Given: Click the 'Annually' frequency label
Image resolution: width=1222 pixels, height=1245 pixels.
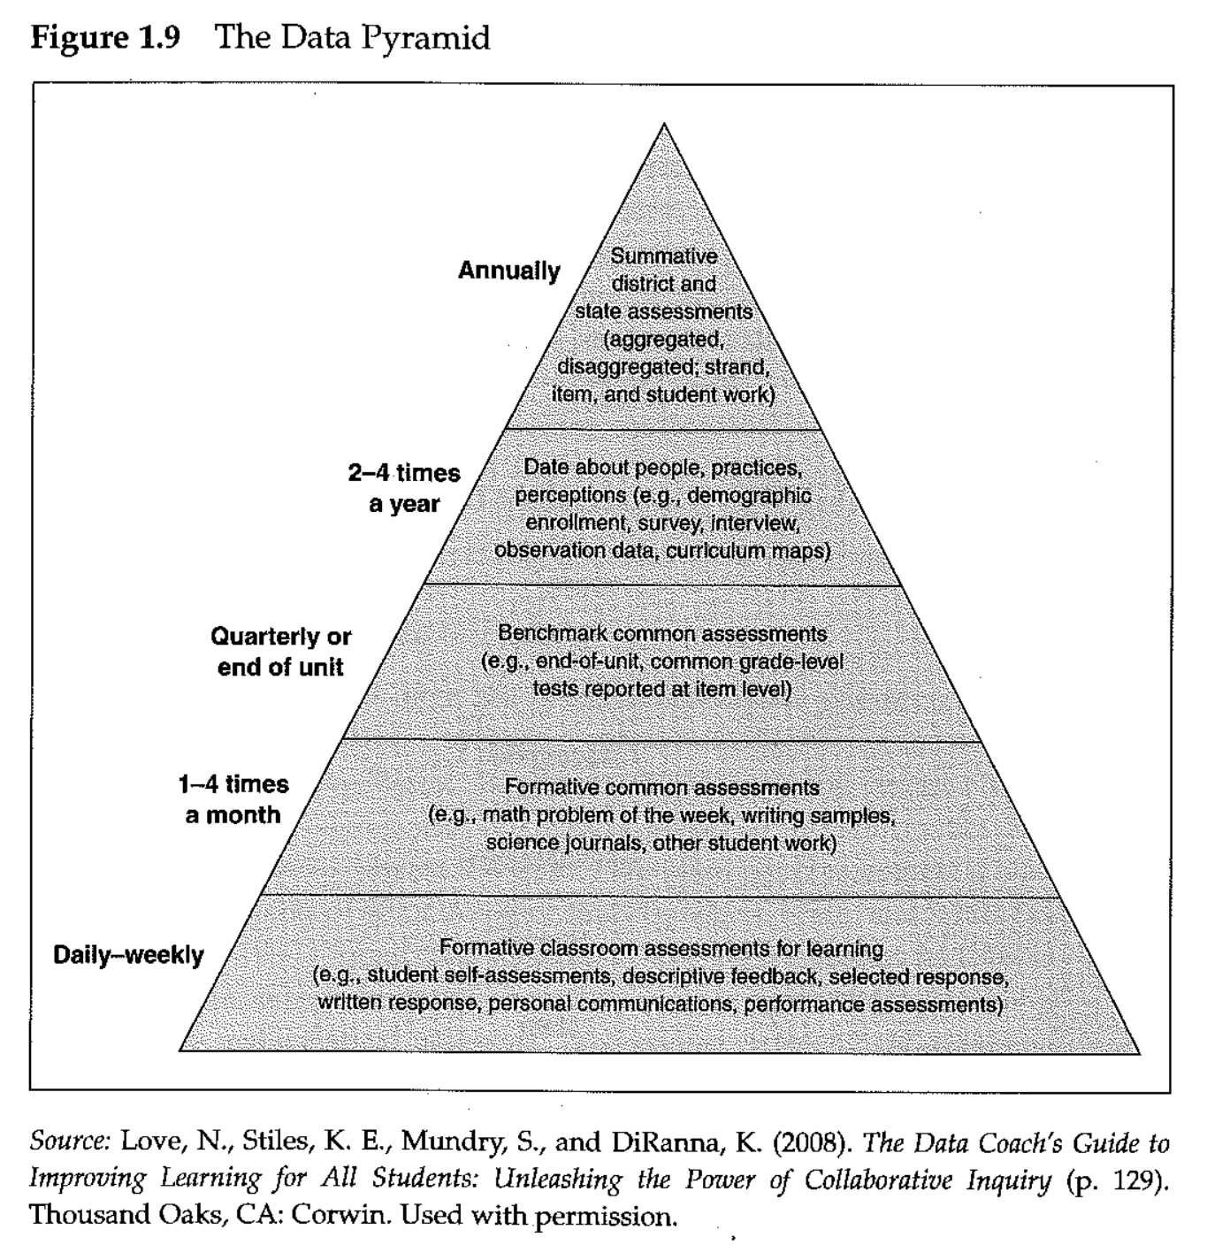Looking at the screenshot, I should (x=508, y=271).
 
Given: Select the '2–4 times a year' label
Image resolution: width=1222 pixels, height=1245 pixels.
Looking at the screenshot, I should (x=404, y=488).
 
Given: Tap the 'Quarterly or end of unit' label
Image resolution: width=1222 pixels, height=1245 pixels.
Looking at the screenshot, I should (x=280, y=652).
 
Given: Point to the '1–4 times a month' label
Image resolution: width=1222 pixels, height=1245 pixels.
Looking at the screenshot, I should (x=233, y=799).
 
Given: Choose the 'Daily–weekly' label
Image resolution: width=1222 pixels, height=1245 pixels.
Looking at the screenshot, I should (x=128, y=955).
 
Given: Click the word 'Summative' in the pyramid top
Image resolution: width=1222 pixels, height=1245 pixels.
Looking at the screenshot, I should (x=664, y=256).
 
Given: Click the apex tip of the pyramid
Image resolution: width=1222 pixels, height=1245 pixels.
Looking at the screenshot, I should (x=664, y=125).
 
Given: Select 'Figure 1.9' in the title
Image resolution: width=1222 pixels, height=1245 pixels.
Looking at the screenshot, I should (x=105, y=38).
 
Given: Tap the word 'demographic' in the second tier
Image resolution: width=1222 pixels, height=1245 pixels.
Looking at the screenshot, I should (x=749, y=495).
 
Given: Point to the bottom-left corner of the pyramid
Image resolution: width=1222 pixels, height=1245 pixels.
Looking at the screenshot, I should (x=180, y=1050).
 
